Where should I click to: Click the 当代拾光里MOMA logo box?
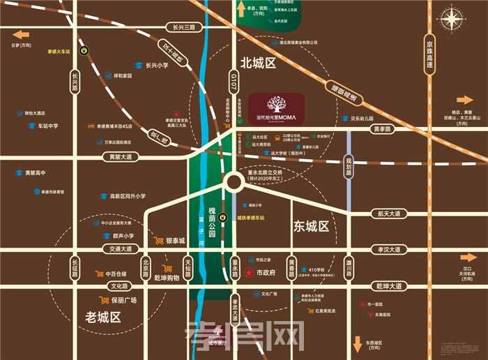point(277,109)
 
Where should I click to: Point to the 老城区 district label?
point(103,317)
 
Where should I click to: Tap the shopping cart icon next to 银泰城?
point(159,241)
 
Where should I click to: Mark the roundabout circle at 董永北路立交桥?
point(234,184)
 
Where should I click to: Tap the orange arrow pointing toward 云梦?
point(21,34)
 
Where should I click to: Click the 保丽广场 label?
point(123,301)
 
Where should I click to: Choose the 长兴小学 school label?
point(157,66)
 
